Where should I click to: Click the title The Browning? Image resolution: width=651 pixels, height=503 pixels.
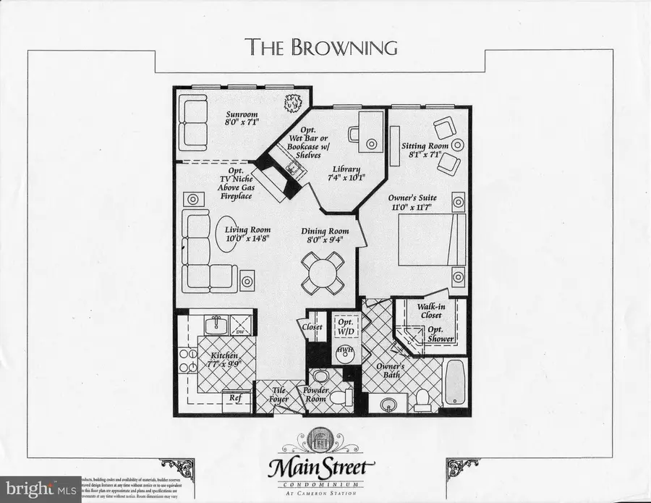point(323,47)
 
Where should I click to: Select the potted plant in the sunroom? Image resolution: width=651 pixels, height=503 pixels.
point(294,104)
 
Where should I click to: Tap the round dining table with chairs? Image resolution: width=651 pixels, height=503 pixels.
point(319,272)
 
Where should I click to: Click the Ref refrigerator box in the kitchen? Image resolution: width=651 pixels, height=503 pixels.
point(237,398)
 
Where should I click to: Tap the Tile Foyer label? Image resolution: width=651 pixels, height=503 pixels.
point(278,394)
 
